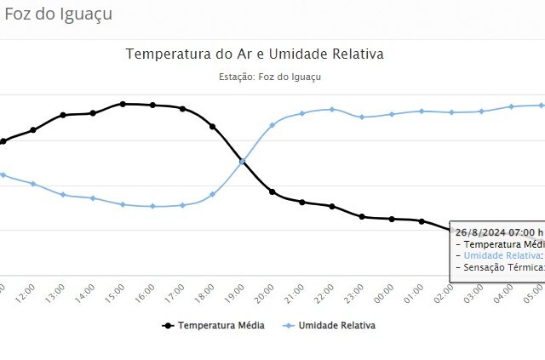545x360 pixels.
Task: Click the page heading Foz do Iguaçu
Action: click(x=59, y=14)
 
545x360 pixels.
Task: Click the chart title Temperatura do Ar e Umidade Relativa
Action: click(x=255, y=54)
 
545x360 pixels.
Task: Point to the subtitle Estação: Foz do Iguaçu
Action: click(x=269, y=77)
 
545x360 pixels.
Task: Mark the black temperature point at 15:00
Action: click(x=123, y=104)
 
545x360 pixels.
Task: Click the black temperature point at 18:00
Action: click(x=212, y=126)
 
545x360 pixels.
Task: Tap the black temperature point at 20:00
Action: click(x=272, y=191)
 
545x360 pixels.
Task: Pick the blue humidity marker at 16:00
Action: click(x=152, y=206)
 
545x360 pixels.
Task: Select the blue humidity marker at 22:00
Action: click(x=332, y=109)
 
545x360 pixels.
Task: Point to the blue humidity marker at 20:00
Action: click(x=272, y=125)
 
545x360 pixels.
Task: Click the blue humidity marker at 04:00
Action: click(x=511, y=106)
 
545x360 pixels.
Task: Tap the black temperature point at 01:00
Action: click(x=422, y=221)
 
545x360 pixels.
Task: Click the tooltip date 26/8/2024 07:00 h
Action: click(x=499, y=231)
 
